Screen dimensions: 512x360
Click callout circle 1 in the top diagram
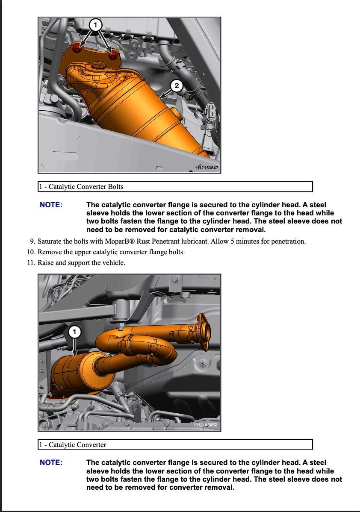coord(95,25)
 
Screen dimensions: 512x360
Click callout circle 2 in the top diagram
coord(177,86)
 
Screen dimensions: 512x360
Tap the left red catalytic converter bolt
coord(77,49)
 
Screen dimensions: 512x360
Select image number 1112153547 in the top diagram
coord(206,168)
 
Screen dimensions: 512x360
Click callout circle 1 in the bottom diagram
coord(75,332)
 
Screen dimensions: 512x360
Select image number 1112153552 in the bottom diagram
coord(205,425)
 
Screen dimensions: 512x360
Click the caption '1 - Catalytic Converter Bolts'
coord(81,187)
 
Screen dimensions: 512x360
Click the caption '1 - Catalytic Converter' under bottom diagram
coord(73,444)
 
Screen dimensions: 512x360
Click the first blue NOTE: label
coord(51,205)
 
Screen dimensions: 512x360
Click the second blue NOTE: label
coord(51,463)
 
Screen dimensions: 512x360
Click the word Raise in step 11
coord(46,263)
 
